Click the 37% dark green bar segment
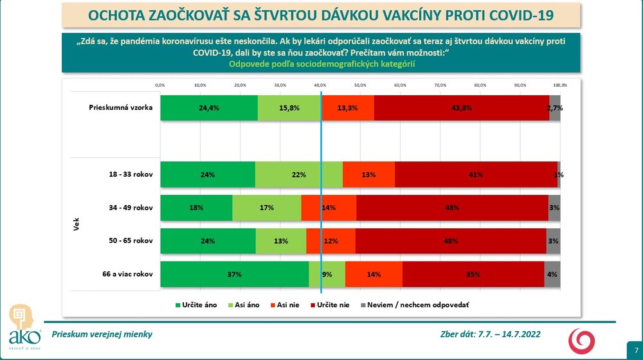coord(234,274)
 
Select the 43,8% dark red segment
coord(461,108)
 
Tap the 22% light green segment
coord(298,174)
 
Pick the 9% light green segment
coord(327,274)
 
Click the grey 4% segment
coord(552,274)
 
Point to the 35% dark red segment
coord(473,274)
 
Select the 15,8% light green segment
coord(289,108)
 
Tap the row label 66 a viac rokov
coord(127,274)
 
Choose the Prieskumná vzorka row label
coord(120,107)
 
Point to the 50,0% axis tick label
coord(360,85)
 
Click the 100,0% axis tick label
coord(559,85)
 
